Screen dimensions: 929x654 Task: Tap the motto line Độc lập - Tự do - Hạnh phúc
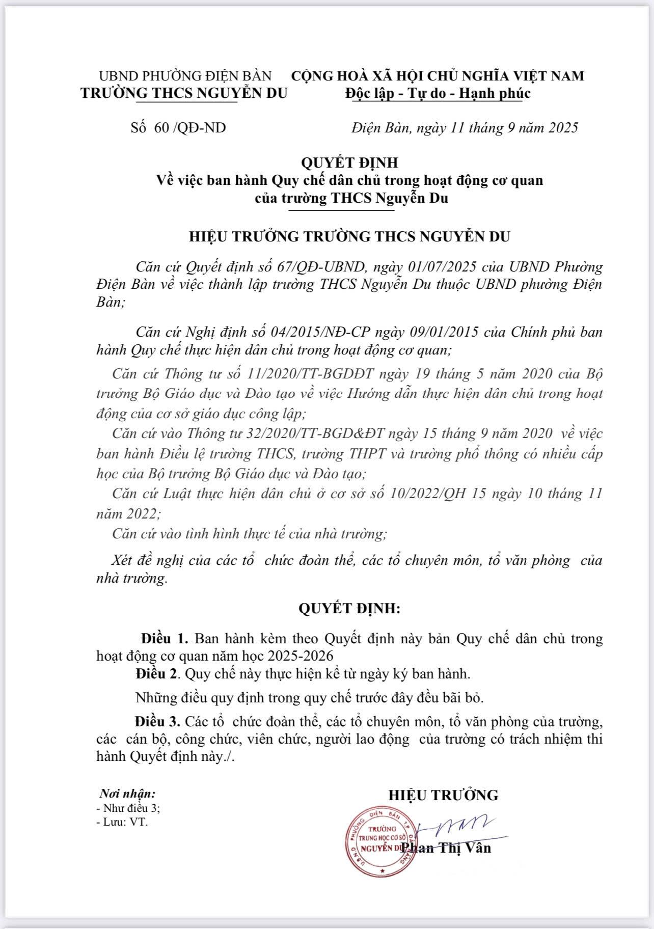[438, 93]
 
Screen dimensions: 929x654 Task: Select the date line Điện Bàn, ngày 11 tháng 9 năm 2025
[465, 127]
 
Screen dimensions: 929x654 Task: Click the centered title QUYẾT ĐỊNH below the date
[349, 162]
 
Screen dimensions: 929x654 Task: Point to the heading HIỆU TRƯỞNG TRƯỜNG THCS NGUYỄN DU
[349, 237]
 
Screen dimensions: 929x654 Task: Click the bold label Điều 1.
[165, 638]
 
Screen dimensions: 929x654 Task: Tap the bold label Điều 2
[157, 674]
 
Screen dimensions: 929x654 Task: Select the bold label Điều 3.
[158, 722]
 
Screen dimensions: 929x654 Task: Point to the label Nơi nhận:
[128, 793]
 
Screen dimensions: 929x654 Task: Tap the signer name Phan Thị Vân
[446, 848]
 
